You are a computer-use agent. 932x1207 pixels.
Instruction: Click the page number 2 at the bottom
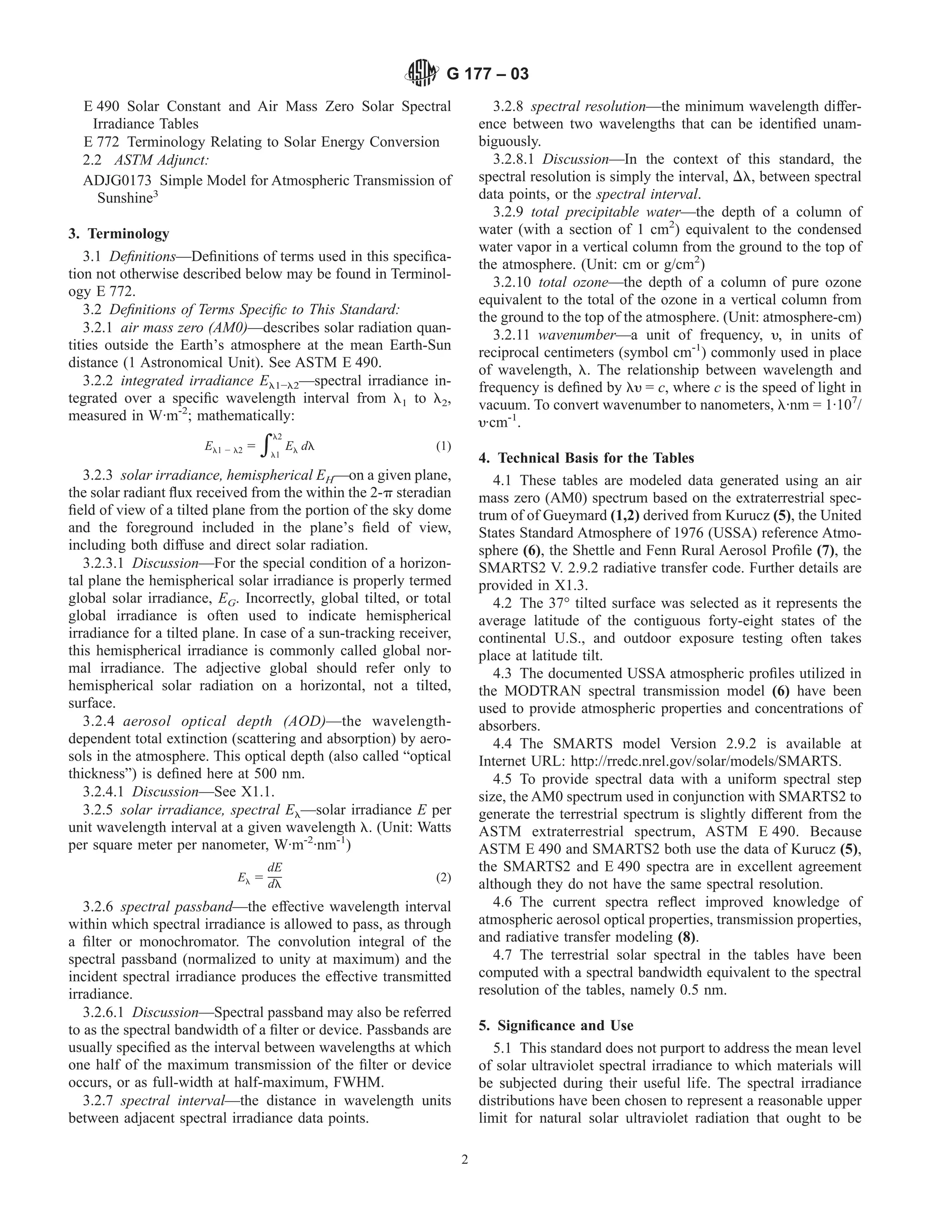465,1160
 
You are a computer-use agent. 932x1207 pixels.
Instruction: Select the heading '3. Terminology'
119,234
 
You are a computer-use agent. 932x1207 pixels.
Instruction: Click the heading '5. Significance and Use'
556,1026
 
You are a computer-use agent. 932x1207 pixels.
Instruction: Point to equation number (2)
443,877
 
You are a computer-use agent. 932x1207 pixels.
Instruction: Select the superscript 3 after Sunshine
156,194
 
